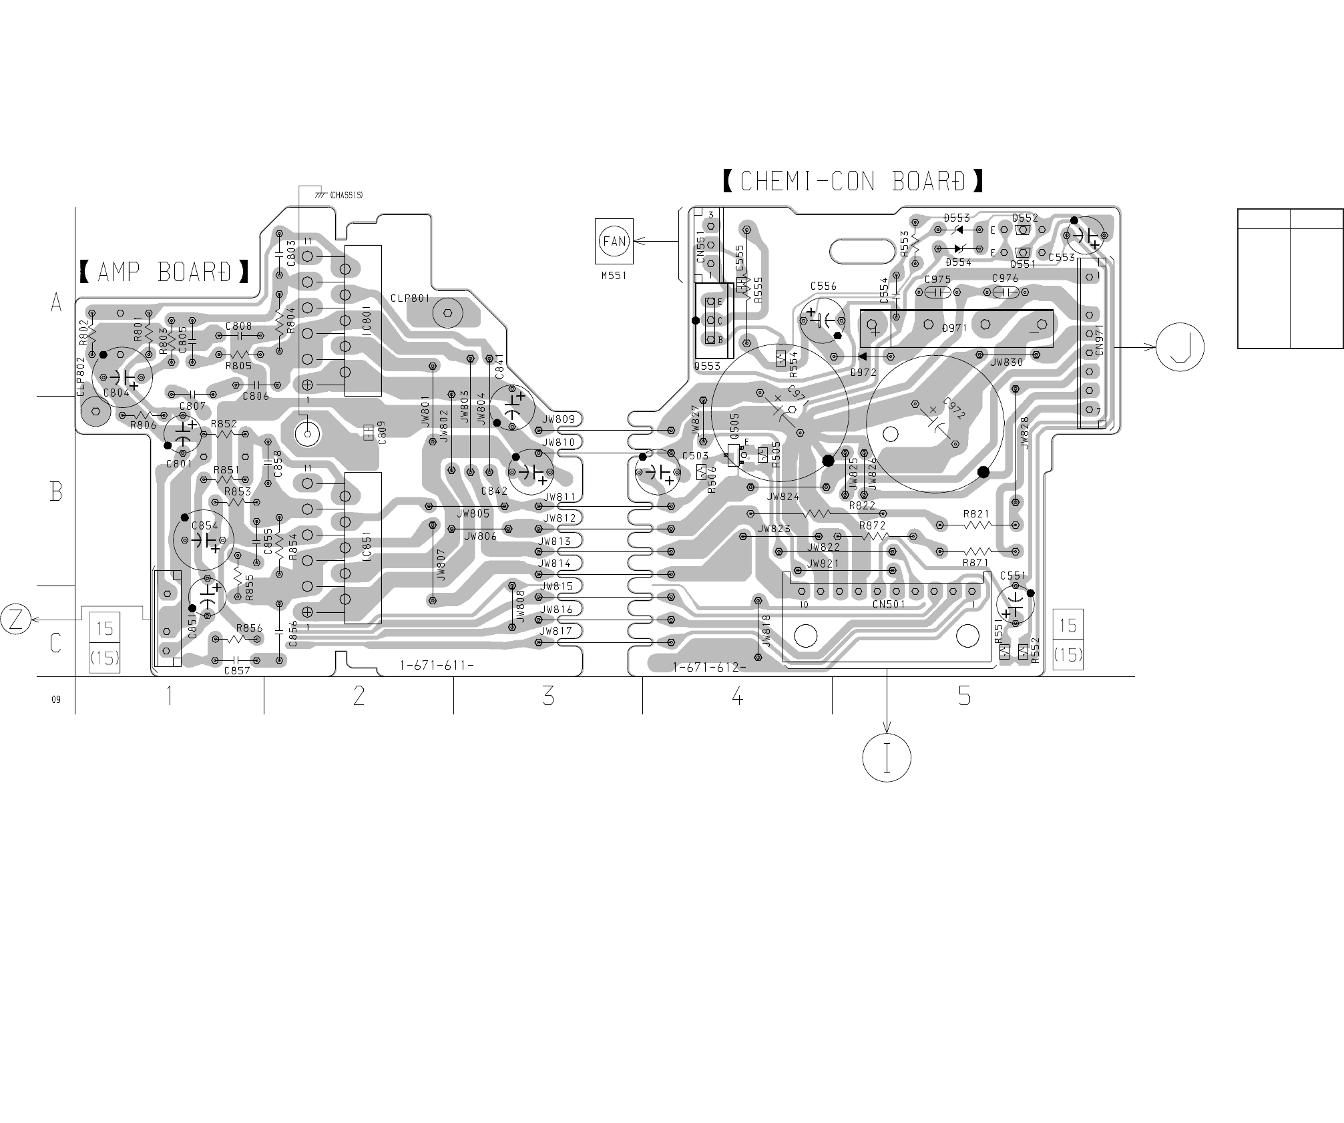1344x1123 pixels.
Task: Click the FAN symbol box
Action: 614,240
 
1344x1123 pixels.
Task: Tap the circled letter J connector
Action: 1180,347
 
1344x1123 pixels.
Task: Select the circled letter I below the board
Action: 887,758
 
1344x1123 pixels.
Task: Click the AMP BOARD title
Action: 165,272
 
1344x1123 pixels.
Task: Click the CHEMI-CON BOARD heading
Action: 853,181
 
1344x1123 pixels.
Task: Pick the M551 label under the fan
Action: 614,275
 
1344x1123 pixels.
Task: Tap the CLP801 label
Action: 411,298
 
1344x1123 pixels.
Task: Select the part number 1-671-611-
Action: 437,666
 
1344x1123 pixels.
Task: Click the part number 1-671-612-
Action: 709,667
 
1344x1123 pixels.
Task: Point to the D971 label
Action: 955,328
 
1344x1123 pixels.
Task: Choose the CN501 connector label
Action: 888,605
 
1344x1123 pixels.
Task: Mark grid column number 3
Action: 547,696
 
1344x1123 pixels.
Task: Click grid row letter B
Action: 56,492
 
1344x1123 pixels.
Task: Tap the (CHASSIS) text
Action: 346,195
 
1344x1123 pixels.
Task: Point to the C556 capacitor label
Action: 823,286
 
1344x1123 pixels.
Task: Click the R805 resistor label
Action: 238,366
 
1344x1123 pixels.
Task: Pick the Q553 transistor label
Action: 707,366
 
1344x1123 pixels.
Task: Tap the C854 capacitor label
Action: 205,525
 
